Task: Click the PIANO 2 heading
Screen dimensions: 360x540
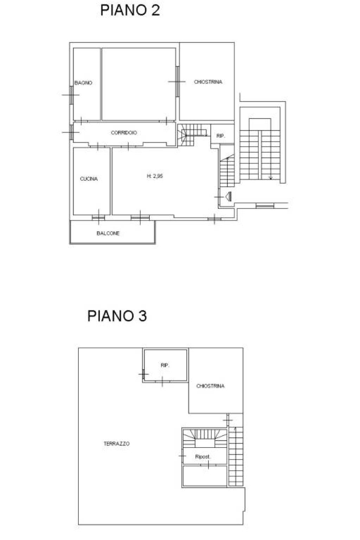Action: [x=130, y=10]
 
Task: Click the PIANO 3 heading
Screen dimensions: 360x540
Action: [x=117, y=316]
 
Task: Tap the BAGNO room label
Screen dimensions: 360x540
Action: [x=83, y=83]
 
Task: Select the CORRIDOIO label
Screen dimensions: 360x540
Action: [x=124, y=132]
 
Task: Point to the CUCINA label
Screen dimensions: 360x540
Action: [x=89, y=179]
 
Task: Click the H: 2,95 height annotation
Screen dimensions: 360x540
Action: [x=155, y=176]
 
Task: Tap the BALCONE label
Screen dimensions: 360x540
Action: [x=108, y=233]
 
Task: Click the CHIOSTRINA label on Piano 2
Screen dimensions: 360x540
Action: [x=208, y=82]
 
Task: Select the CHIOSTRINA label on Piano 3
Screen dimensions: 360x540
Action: [x=211, y=386]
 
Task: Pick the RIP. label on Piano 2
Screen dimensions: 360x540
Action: [x=221, y=136]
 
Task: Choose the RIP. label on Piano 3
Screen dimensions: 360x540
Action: [x=165, y=365]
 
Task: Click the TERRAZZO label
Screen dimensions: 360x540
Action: [x=117, y=443]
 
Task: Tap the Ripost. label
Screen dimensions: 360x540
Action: [x=203, y=457]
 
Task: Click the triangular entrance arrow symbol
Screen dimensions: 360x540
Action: [x=229, y=197]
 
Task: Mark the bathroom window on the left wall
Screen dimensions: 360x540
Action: [x=71, y=95]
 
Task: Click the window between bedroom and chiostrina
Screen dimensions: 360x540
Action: [x=177, y=82]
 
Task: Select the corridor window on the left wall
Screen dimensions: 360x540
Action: [x=71, y=132]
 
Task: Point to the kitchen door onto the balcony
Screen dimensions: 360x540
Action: [x=98, y=218]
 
